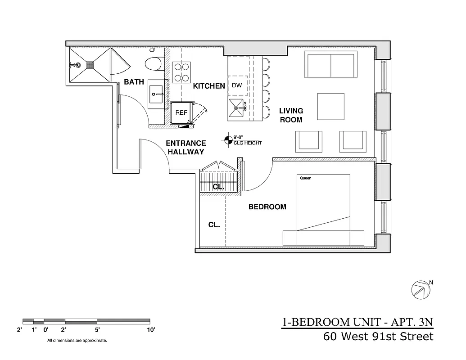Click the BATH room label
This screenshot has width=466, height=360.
coord(134,82)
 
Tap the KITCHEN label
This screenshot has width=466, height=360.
coord(209,86)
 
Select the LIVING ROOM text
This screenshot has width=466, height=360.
coord(291,115)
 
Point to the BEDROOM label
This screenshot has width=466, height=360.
coord(267,207)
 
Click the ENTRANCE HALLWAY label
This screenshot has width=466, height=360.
coord(186,148)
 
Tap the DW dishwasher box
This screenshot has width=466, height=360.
coord(237,85)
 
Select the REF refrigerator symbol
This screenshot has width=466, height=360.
coord(181,113)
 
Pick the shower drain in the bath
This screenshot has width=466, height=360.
coord(90,65)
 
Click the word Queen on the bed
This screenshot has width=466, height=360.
coord(305,178)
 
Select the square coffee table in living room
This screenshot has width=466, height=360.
coord(331,106)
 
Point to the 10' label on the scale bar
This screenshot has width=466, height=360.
coord(151,330)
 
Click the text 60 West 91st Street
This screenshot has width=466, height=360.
coord(378,337)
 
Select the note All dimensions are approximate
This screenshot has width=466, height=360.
coord(77,341)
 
